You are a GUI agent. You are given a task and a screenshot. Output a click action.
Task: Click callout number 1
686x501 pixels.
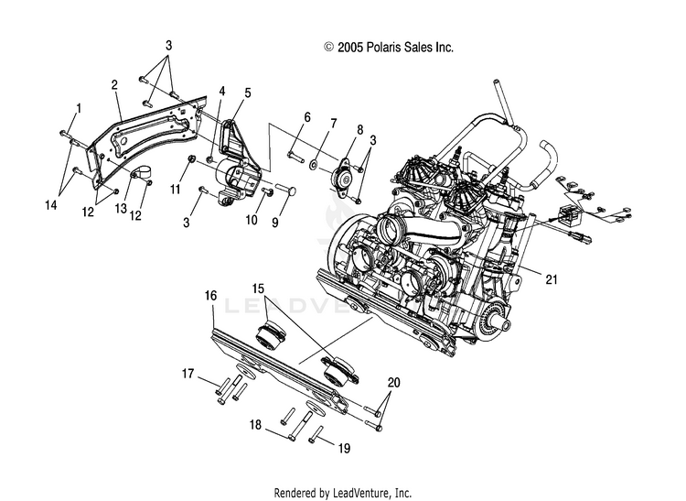click(79, 108)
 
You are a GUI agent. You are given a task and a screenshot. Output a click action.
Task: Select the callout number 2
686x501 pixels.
click(114, 85)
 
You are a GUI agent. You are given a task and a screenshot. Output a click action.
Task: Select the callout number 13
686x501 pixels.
click(174, 190)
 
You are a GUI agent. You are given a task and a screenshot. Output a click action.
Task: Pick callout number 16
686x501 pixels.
click(210, 296)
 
